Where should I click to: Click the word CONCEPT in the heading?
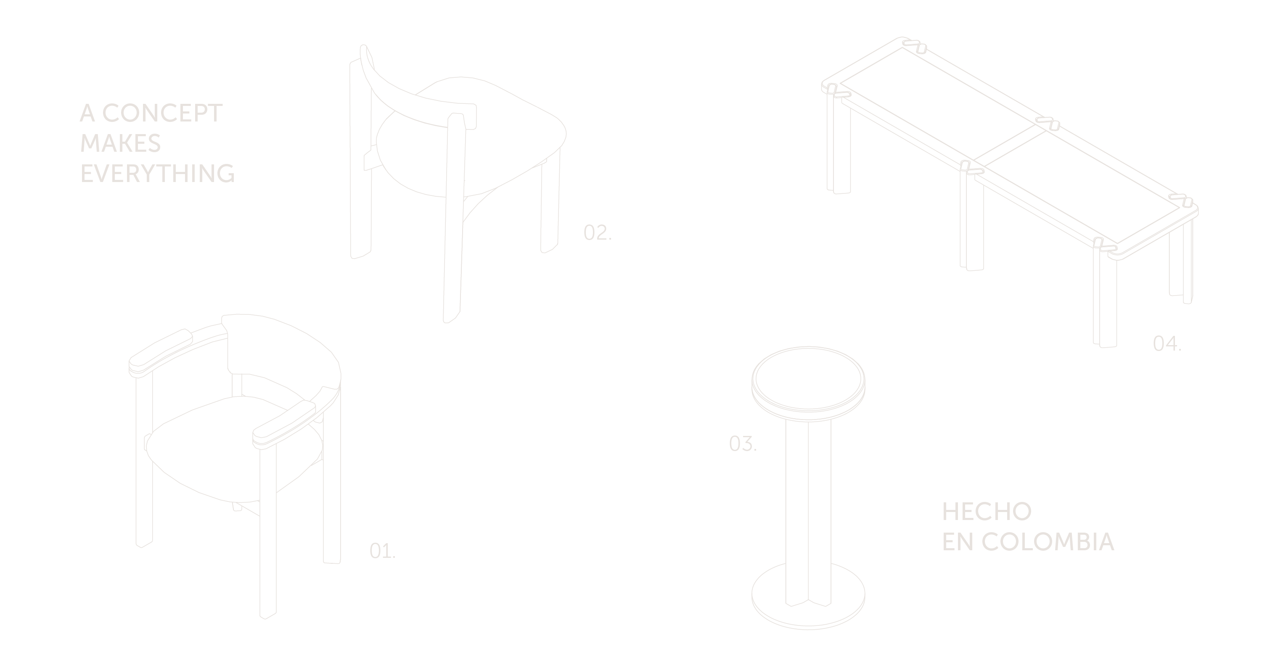click(x=162, y=113)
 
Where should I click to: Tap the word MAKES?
click(x=121, y=143)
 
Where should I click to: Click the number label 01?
click(x=383, y=551)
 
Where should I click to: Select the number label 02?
click(x=598, y=233)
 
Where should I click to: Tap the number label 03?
click(x=743, y=444)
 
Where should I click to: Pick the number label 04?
click(x=1167, y=343)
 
